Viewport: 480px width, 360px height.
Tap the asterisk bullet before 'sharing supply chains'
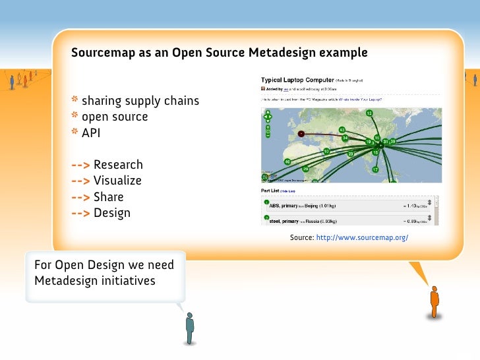75,101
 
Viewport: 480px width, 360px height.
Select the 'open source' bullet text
115,117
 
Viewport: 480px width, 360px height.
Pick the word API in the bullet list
91,133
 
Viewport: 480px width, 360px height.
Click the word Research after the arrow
118,165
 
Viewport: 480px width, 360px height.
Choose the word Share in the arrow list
108,197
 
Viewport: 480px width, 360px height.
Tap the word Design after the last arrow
112,213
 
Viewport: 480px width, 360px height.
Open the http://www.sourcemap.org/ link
362,236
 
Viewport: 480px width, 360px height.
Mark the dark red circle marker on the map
301,133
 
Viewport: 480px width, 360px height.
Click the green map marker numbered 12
369,114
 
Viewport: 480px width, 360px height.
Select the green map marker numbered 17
375,169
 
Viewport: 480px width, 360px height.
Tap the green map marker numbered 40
287,162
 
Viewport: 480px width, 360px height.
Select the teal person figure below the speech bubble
190,327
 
